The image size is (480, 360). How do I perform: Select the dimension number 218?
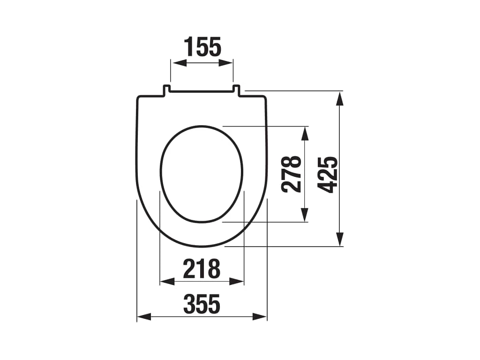click(202, 269)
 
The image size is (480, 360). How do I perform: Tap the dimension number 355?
click(202, 304)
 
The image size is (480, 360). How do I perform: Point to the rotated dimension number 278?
click(292, 174)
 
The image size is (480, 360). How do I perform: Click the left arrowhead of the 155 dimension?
click(180, 63)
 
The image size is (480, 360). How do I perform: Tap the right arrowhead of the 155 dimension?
click(225, 63)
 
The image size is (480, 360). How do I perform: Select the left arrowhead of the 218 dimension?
click(167, 281)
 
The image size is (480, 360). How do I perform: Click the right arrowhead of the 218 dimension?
click(237, 281)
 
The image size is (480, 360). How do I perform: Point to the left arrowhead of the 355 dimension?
click(144, 317)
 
